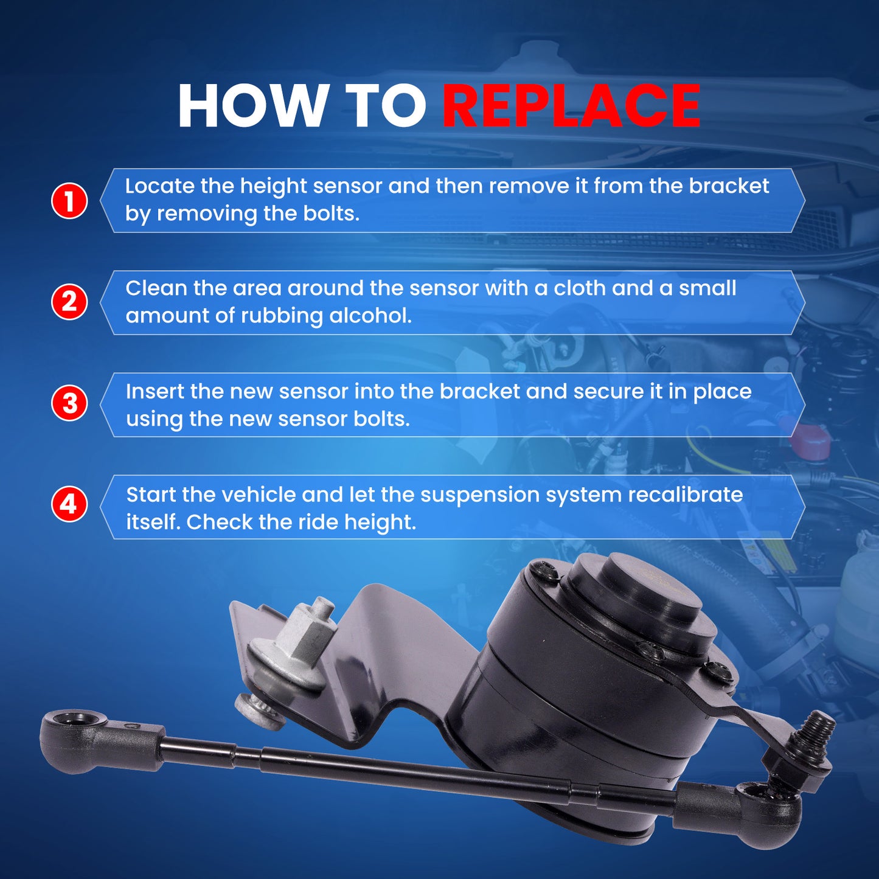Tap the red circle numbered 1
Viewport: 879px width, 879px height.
click(69, 201)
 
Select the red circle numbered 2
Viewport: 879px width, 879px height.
click(69, 302)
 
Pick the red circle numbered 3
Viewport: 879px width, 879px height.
click(69, 404)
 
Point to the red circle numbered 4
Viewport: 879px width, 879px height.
click(69, 505)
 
